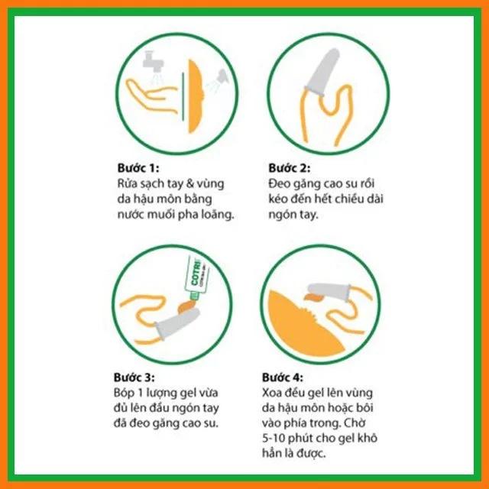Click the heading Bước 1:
138,168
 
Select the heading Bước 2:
290,168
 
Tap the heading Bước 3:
134,377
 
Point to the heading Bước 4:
283,377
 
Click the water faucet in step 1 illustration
154,63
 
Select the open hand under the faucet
151,95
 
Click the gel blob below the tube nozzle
186,306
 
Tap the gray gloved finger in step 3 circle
176,322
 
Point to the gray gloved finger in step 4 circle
329,292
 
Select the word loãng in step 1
219,215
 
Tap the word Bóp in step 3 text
124,393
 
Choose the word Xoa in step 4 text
272,393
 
